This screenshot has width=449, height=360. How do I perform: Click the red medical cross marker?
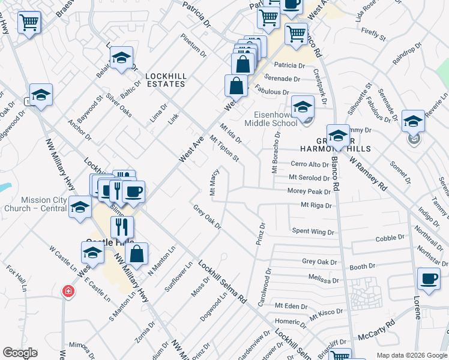(x=69, y=292)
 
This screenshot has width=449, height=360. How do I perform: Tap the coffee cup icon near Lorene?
(x=429, y=280)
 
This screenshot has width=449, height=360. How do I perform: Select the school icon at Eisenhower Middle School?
(x=303, y=107)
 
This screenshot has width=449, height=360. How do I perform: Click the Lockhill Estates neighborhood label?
(x=165, y=80)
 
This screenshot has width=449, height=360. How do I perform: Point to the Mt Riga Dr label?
(x=316, y=205)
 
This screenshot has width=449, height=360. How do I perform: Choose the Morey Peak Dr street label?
(x=309, y=192)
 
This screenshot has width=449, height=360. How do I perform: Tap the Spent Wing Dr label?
(x=312, y=231)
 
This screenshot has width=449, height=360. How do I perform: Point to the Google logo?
(x=20, y=353)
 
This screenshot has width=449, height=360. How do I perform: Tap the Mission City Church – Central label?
(x=43, y=205)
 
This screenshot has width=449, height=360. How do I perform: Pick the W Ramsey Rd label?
(x=366, y=173)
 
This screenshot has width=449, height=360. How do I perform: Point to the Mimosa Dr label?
(x=79, y=350)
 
